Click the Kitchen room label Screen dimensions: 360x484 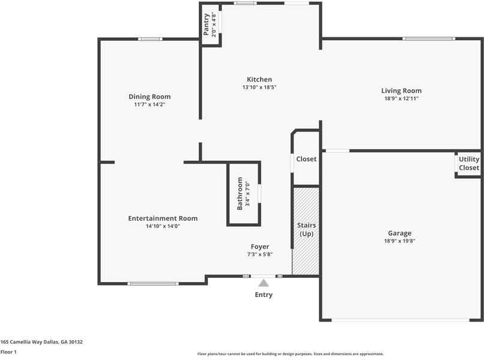pos(259,79)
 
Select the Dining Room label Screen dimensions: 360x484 pos(150,97)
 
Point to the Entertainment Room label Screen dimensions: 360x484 pos(163,218)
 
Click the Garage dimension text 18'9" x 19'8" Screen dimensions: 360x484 pos(399,241)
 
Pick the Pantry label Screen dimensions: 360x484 pos(206,25)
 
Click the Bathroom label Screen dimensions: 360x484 pos(240,193)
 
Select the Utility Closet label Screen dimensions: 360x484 pos(469,163)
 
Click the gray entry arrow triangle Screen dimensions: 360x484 pos(264,283)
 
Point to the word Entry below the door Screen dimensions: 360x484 pos(264,295)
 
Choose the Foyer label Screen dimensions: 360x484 pos(260,247)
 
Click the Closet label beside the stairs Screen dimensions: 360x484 pos(306,159)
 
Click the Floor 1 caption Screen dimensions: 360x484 pos(8,352)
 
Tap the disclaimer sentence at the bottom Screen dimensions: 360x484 pos(291,354)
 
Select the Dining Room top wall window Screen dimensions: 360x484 pos(150,39)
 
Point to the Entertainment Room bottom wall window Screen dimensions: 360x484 pos(153,284)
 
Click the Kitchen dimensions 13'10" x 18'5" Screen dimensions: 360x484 pos(259,87)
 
